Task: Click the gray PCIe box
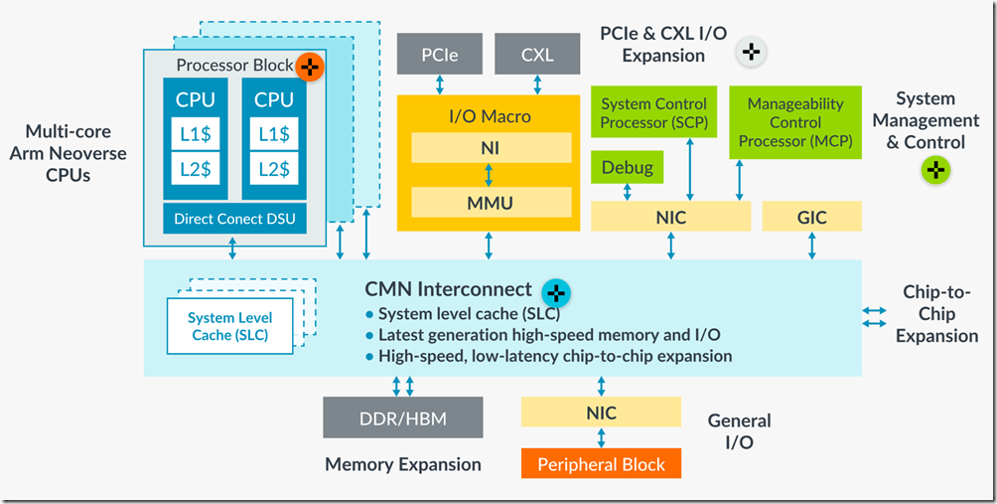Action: (x=440, y=54)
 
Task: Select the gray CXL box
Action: (x=537, y=54)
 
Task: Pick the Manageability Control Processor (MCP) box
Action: (x=794, y=122)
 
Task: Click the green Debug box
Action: (x=628, y=167)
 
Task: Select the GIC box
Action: (x=811, y=216)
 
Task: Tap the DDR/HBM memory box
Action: (x=402, y=419)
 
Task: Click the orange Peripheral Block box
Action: (x=601, y=463)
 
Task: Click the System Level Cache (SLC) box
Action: (x=230, y=326)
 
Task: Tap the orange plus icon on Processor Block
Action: (x=311, y=67)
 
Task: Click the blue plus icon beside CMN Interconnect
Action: (x=556, y=292)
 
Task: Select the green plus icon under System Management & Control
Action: (x=934, y=170)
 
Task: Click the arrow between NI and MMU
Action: (x=489, y=175)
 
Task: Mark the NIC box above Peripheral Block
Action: (x=601, y=413)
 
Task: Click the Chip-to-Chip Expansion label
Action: (x=936, y=313)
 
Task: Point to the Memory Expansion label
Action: (x=402, y=464)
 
